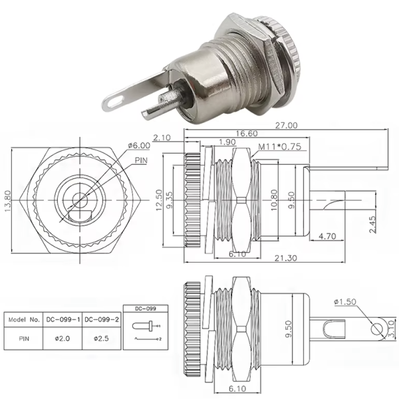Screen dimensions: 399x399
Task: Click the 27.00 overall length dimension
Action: click(285, 124)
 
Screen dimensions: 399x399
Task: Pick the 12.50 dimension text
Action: click(160, 201)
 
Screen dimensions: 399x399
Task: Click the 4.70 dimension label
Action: click(331, 236)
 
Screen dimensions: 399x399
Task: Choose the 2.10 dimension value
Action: click(162, 138)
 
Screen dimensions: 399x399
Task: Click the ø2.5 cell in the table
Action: click(102, 338)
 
